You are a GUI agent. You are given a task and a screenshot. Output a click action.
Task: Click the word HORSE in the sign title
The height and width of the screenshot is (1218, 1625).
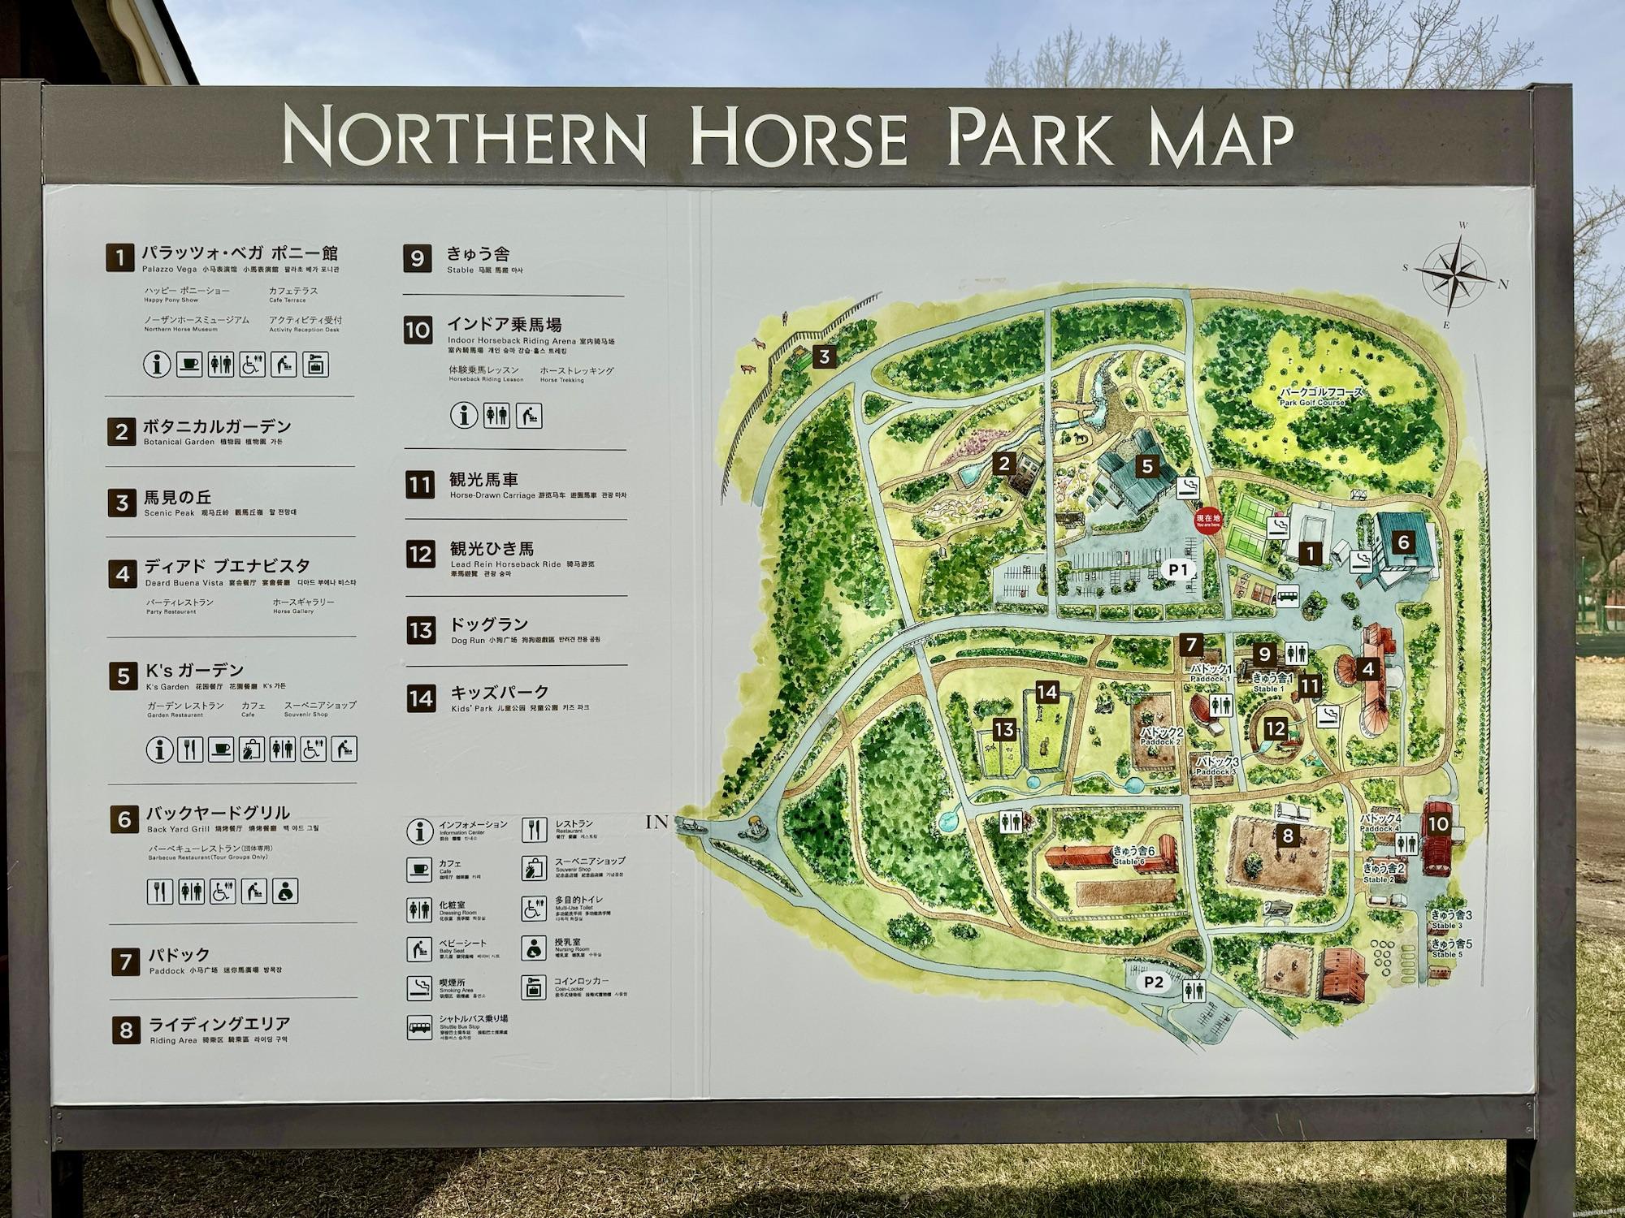[x=798, y=140]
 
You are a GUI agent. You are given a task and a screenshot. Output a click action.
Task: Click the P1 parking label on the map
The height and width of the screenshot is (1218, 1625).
[x=1178, y=570]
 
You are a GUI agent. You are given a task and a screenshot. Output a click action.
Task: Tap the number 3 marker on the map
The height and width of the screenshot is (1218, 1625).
[x=825, y=356]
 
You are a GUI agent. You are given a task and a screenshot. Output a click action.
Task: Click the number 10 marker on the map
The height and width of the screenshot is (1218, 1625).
[x=1438, y=824]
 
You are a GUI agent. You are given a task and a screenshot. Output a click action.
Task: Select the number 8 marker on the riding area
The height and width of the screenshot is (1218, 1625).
[x=1287, y=835]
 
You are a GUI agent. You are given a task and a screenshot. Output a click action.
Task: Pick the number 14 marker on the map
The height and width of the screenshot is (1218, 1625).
[x=1047, y=692]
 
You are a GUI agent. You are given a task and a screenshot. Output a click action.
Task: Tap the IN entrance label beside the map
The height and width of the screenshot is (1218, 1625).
[x=656, y=823]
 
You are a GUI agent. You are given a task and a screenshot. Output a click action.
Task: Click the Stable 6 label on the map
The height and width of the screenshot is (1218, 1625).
[x=1130, y=856]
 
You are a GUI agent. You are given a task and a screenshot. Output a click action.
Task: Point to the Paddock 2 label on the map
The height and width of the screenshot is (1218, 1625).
[x=1159, y=736]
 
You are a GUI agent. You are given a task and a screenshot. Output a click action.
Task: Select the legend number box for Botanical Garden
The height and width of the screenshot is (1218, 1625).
[x=121, y=432]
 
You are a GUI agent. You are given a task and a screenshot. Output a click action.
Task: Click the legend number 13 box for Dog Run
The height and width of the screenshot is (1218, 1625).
[x=420, y=630]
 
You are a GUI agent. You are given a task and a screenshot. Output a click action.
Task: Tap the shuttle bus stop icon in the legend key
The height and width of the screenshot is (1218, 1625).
[x=419, y=1028]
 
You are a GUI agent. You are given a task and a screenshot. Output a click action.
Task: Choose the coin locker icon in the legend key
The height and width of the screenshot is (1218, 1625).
[x=533, y=987]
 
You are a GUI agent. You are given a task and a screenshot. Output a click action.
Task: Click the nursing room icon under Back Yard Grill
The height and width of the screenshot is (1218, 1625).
[x=285, y=891]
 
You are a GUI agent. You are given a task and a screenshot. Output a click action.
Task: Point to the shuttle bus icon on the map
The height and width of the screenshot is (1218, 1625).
[x=1285, y=597]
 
